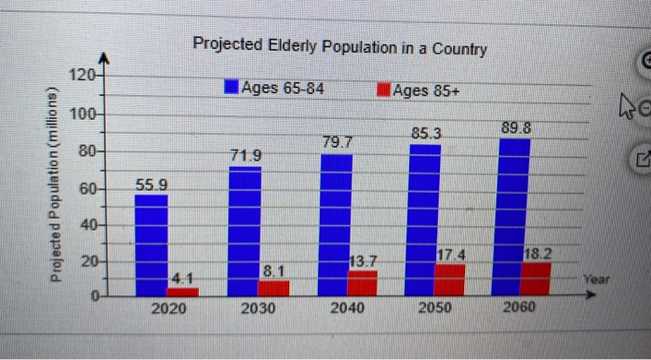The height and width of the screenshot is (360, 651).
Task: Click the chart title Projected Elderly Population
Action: tap(339, 46)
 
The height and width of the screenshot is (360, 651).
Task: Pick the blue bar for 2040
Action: tap(336, 223)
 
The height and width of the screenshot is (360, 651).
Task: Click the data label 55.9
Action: tap(152, 185)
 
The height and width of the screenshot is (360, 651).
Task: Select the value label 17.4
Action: tap(450, 253)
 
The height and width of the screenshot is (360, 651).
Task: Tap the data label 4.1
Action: tap(182, 277)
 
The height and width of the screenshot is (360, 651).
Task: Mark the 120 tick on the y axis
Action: tap(83, 74)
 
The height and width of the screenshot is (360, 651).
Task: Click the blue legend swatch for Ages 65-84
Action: tap(231, 88)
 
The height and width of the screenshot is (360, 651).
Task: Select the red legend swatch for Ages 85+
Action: tap(382, 90)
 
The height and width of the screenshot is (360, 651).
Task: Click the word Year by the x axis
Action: tap(595, 278)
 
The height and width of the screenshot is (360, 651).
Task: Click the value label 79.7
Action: tap(338, 142)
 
